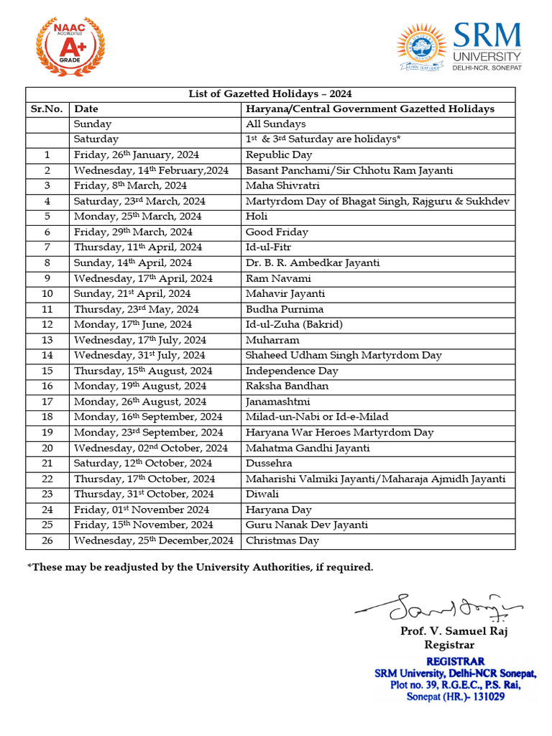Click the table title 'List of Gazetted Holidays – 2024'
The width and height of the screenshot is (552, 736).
270,94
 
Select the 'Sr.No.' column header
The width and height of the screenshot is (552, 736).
47,109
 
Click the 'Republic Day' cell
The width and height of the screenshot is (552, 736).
279,155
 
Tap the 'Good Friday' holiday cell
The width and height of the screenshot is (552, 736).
277,232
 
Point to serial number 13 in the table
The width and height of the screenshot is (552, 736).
47,340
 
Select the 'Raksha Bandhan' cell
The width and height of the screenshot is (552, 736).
287,387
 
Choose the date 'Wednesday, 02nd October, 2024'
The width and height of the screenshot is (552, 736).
151,448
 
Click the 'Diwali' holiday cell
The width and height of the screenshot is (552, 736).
262,494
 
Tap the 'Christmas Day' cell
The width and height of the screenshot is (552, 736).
282,540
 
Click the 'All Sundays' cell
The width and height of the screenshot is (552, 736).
275,124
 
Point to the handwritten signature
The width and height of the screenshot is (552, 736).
438,607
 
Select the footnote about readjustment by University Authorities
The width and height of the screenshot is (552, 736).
201,568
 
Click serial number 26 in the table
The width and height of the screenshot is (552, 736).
47,540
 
